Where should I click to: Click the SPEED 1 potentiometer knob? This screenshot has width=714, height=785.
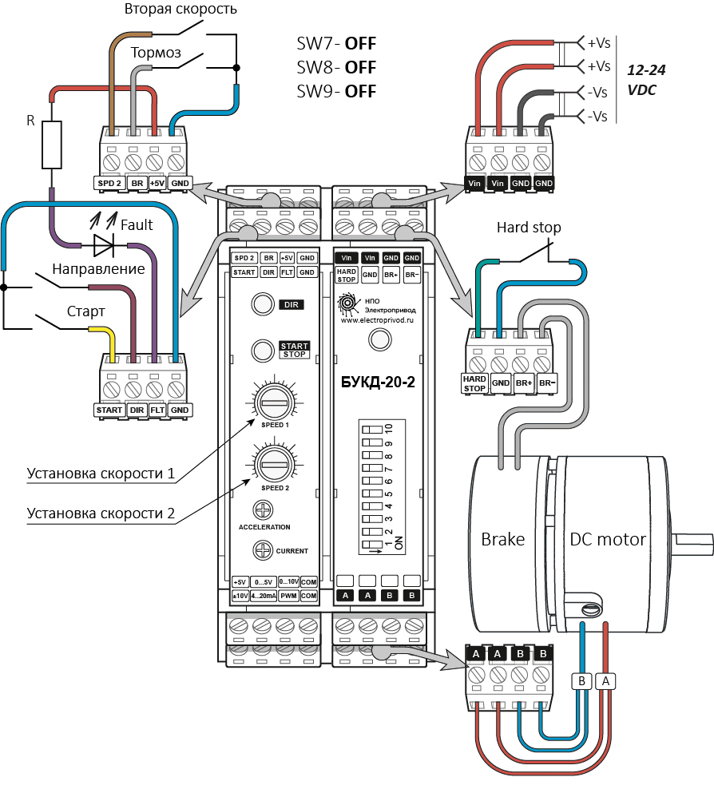coord(274,402)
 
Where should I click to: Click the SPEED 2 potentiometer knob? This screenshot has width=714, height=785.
coord(274,465)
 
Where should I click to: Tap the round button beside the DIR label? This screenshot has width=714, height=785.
coord(263,304)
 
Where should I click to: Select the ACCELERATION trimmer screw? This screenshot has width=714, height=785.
coord(264,510)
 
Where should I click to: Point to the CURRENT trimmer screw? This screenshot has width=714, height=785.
coord(263,549)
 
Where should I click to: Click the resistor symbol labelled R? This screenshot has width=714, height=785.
coord(52,145)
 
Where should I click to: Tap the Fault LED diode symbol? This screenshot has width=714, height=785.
coord(104,246)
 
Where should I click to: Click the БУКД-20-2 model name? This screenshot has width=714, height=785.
coord(378,382)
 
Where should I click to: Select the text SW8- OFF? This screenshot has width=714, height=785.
coord(336,67)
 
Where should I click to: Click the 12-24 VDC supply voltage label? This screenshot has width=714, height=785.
coord(646,80)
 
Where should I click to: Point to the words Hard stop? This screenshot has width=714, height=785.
coord(529,228)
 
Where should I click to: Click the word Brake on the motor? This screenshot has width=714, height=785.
coord(502,539)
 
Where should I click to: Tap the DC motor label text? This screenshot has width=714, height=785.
coord(608,539)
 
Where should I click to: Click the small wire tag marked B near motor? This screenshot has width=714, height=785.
coord(581,681)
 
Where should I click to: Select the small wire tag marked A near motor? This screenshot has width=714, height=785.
coord(605,681)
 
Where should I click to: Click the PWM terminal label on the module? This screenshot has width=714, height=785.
coord(289,596)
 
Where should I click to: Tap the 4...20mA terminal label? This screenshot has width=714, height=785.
coord(264,596)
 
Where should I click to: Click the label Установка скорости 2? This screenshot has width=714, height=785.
coord(101,513)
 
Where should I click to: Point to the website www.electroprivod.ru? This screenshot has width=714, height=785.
coord(377,320)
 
